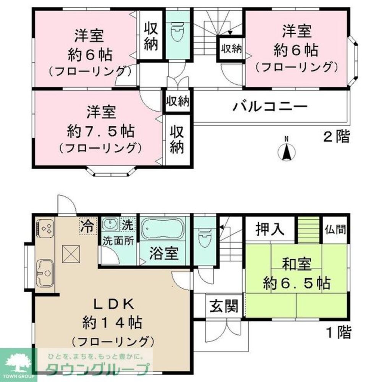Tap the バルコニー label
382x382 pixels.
270,106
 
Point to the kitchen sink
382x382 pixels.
45,272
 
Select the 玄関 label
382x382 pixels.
223,306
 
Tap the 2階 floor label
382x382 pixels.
337,136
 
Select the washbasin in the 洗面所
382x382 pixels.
111,224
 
